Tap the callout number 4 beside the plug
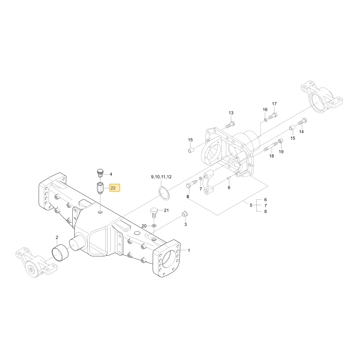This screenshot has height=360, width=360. point(111,174)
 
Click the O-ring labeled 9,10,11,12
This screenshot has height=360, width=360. point(163,194)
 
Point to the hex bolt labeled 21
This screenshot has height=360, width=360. point(154,213)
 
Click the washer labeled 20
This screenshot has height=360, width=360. point(154,225)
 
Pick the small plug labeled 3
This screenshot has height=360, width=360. point(185,213)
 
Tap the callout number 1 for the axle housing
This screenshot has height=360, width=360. point(189,251)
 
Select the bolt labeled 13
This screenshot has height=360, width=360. point(230,125)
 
